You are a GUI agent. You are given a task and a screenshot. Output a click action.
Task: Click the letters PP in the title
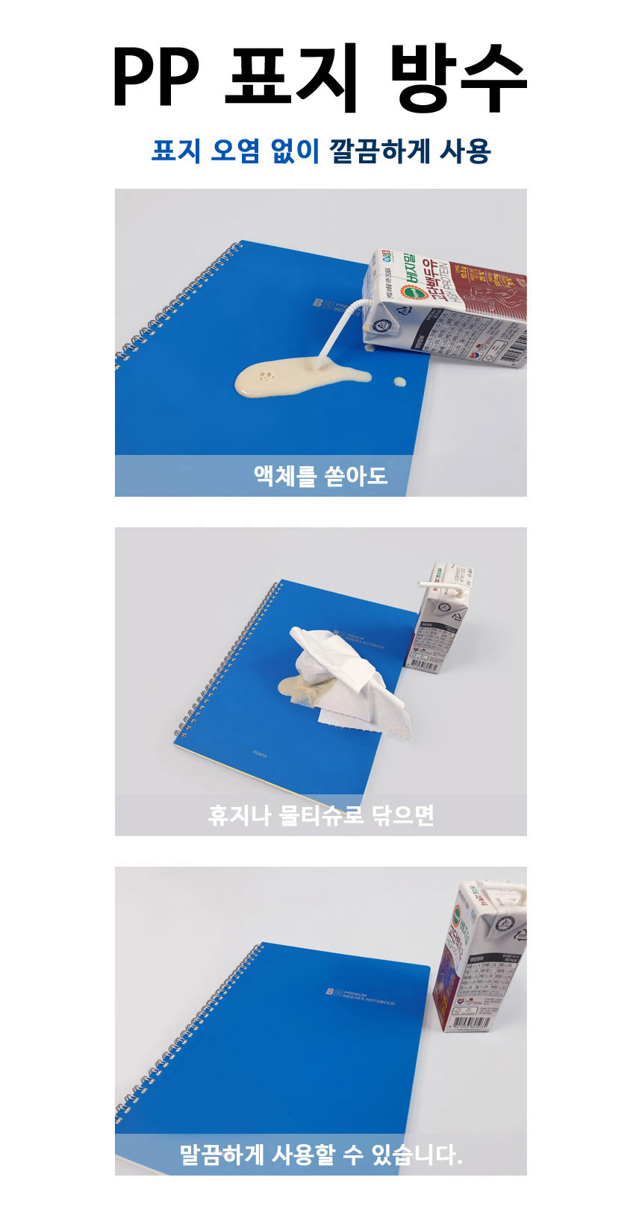tap(155, 78)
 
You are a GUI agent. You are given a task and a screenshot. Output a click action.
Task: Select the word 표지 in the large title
tap(294, 78)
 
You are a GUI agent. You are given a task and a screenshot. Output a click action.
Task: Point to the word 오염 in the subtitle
tap(234, 151)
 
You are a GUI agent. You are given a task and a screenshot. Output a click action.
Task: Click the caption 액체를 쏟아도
tap(320, 475)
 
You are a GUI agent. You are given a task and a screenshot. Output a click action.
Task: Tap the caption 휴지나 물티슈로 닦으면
tap(320, 814)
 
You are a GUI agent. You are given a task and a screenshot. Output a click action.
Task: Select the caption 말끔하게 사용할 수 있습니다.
tap(320, 1155)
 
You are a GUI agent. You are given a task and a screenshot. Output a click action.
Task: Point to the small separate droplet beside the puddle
tap(400, 382)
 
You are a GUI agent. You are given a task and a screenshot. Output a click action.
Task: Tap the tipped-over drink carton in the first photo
tap(448, 306)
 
